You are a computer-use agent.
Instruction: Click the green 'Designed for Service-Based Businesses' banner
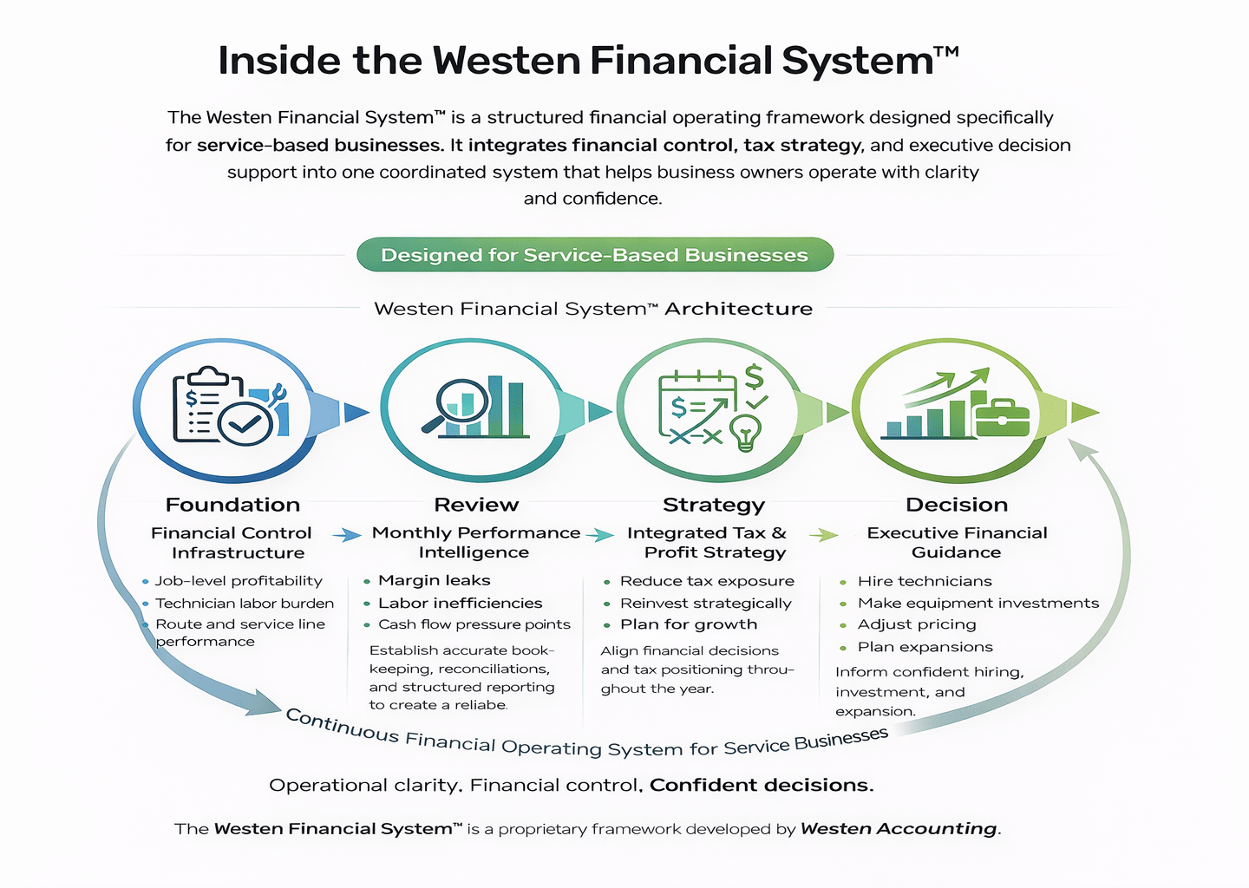click(x=595, y=255)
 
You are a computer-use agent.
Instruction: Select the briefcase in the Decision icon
click(x=1002, y=417)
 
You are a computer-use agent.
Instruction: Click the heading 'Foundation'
click(x=232, y=505)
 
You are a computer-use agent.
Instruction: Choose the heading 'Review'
click(x=476, y=505)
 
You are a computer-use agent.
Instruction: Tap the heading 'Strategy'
click(x=714, y=505)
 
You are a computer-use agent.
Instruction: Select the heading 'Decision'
click(x=957, y=505)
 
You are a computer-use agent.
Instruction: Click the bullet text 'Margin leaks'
click(x=434, y=580)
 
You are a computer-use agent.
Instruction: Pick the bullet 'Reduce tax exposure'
click(x=707, y=581)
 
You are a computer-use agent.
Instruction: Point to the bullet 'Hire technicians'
click(x=925, y=581)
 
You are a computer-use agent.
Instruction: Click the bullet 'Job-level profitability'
click(x=239, y=581)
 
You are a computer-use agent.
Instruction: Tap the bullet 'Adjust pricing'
click(x=917, y=624)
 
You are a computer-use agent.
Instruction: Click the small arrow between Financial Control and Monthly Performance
click(x=347, y=535)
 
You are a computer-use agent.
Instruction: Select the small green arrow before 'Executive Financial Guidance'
click(x=823, y=535)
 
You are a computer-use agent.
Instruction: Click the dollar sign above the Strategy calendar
click(x=754, y=376)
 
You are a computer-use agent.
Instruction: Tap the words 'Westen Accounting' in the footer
click(x=899, y=829)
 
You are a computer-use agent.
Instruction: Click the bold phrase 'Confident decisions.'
click(x=762, y=786)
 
